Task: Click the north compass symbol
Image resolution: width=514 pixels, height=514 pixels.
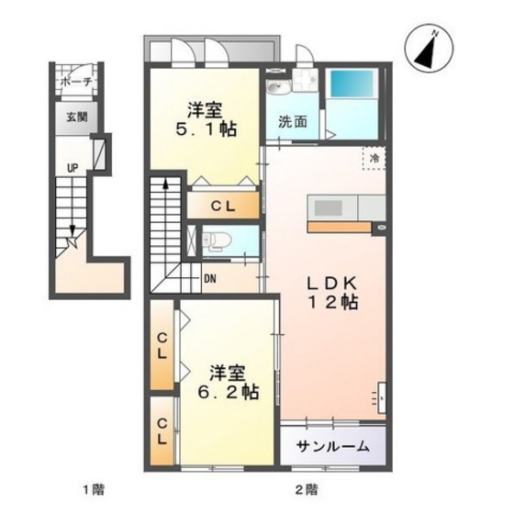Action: click(430, 48)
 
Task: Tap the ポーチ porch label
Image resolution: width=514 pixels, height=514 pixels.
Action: click(76, 82)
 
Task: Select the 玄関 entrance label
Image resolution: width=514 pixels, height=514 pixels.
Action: click(77, 117)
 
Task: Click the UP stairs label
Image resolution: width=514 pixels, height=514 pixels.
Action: click(73, 168)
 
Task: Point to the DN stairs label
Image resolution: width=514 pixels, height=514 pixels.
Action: click(210, 279)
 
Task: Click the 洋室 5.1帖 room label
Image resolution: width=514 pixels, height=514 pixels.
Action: click(206, 119)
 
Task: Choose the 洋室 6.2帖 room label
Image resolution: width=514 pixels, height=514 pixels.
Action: click(229, 382)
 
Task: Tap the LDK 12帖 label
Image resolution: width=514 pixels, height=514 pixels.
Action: click(332, 293)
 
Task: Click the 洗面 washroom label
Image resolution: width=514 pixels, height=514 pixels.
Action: click(293, 122)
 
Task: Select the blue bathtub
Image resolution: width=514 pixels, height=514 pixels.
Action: click(352, 84)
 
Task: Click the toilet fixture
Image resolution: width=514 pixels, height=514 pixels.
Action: click(217, 240)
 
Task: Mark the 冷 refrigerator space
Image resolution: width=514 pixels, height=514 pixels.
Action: click(374, 158)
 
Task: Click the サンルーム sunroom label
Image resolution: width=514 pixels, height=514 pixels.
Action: click(332, 446)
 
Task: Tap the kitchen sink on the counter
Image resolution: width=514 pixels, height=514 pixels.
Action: click(329, 207)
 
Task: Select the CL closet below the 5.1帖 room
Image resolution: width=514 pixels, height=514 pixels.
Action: click(223, 206)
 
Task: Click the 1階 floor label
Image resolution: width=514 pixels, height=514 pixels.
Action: click(94, 490)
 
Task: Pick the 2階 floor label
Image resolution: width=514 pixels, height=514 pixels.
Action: click(307, 490)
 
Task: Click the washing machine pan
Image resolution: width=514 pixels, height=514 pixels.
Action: click(305, 80)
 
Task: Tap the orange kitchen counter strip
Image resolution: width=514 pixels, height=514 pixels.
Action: click(340, 228)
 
